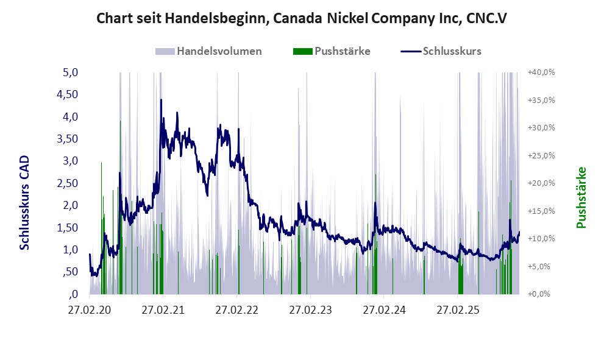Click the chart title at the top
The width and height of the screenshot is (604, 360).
pos(302,18)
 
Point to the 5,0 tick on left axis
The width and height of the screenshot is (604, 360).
pos(71,72)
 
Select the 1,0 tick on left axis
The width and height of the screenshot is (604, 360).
pos(71,250)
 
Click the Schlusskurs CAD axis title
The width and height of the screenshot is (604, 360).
pos(25,202)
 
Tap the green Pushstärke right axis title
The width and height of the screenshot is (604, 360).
pos(580,197)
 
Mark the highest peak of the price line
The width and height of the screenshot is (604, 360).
pos(161,100)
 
